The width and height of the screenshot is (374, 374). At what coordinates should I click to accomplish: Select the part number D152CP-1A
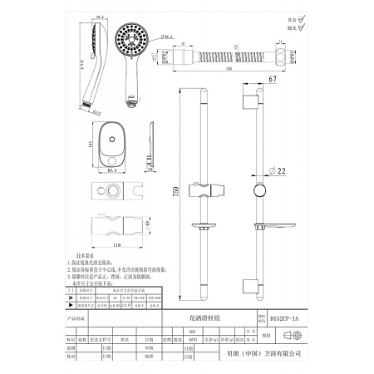tap(287, 317)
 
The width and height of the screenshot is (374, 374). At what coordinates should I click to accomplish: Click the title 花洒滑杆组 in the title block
tap(202, 317)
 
